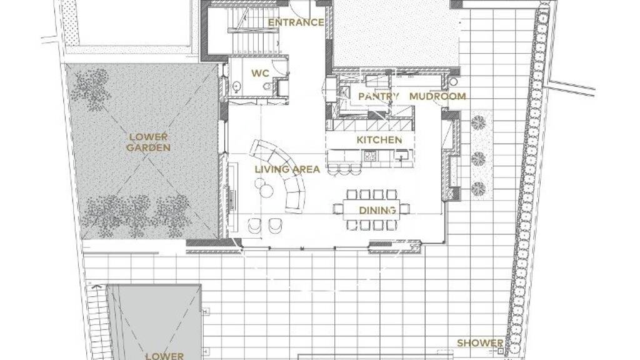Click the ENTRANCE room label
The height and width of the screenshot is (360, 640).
tap(296, 22)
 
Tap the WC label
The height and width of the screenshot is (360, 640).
tap(260, 74)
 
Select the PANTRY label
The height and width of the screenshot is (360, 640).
tap(379, 97)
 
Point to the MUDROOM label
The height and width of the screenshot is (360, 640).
tap(437, 96)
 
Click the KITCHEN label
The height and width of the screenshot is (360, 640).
tap(379, 140)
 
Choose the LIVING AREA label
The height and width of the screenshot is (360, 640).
tap(287, 169)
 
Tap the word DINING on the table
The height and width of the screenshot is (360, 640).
tap(377, 211)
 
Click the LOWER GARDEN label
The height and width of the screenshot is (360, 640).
tap(148, 142)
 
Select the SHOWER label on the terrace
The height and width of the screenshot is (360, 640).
tap(480, 343)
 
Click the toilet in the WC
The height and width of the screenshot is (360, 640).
tap(267, 86)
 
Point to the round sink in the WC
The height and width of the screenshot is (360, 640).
tap(236, 86)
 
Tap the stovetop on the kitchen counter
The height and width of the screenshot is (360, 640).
tap(371, 156)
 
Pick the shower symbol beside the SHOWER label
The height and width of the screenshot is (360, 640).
tap(501, 351)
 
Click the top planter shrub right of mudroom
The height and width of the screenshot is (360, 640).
tap(478, 122)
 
